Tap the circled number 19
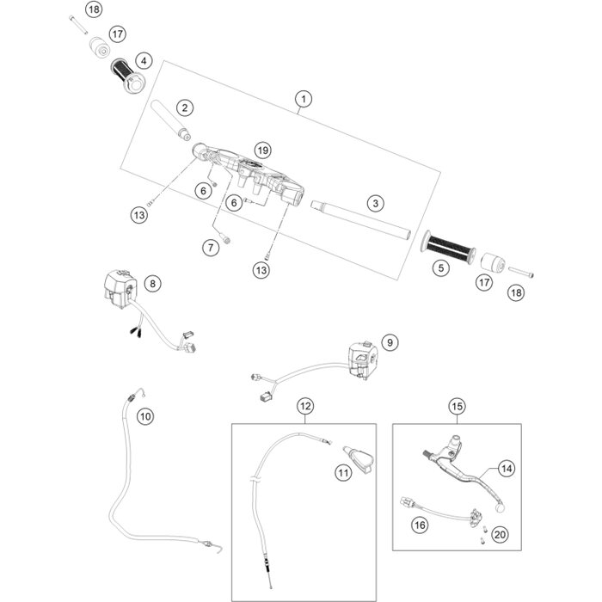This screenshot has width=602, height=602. click(x=262, y=149)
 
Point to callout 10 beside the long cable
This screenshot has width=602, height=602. click(x=145, y=415)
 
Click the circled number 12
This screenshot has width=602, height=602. click(x=304, y=404)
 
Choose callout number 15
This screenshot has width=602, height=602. click(x=456, y=404)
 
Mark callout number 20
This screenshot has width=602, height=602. click(x=501, y=534)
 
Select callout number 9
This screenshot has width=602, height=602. click(x=390, y=343)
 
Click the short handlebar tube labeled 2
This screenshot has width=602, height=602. click(x=167, y=120)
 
